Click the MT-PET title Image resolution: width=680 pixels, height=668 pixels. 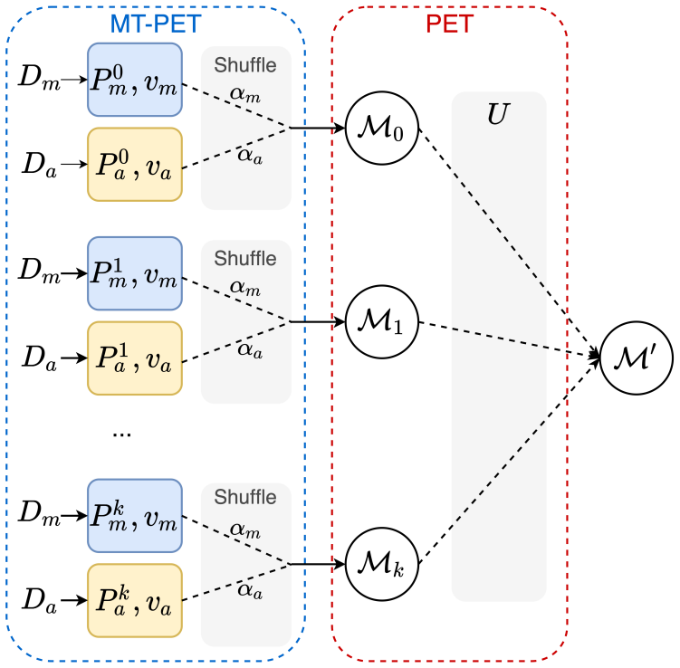tap(156, 24)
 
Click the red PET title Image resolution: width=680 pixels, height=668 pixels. tap(449, 24)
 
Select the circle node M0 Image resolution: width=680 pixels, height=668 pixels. tap(382, 128)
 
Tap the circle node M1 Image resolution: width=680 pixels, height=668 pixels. tap(382, 321)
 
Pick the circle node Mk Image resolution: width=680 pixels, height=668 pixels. tap(382, 564)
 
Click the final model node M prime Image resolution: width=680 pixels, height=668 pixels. tap(637, 358)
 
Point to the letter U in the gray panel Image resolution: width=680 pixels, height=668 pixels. tap(498, 114)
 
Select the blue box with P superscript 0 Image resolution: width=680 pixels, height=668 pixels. tap(135, 80)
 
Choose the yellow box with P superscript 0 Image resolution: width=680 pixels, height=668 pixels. tap(135, 165)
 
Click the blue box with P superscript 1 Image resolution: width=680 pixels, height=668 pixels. tap(135, 273)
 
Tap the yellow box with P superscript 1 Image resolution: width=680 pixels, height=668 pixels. tap(135, 358)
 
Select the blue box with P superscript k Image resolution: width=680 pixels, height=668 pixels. tap(135, 516)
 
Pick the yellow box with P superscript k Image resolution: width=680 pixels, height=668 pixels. tap(135, 600)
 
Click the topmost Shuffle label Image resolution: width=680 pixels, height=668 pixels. tap(245, 65)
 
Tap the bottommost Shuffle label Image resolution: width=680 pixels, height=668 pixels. tap(245, 497)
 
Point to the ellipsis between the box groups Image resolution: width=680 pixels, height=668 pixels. tap(122, 434)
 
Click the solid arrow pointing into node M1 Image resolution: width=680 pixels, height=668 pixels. tap(318, 321)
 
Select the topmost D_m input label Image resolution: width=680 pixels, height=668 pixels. tap(40, 78)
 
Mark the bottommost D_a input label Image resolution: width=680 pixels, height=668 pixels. tap(40, 601)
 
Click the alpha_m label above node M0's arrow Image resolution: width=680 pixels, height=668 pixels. tap(245, 94)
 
